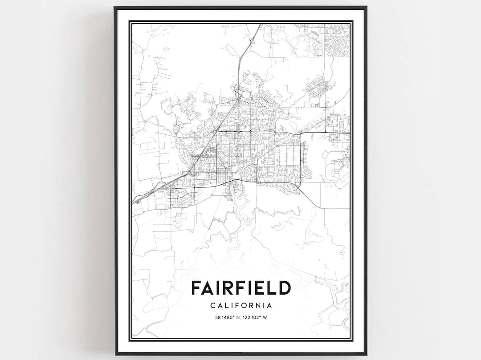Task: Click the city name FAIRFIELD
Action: coord(240,288)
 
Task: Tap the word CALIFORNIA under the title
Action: coord(240,306)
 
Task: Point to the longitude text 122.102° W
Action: coord(256,317)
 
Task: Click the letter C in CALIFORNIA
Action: coord(211,306)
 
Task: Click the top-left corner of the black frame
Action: coord(115,7)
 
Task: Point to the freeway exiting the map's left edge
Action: coord(135,200)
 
